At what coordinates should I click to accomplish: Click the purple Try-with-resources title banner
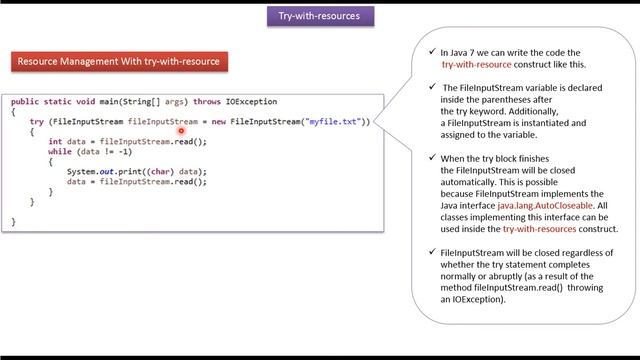[x=320, y=16]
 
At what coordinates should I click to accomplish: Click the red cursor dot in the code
[x=183, y=130]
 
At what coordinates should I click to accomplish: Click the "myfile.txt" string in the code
[x=333, y=122]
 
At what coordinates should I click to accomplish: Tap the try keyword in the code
[x=37, y=122]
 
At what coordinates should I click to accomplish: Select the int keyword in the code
[x=55, y=142]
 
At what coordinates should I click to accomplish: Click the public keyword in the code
[x=26, y=102]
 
